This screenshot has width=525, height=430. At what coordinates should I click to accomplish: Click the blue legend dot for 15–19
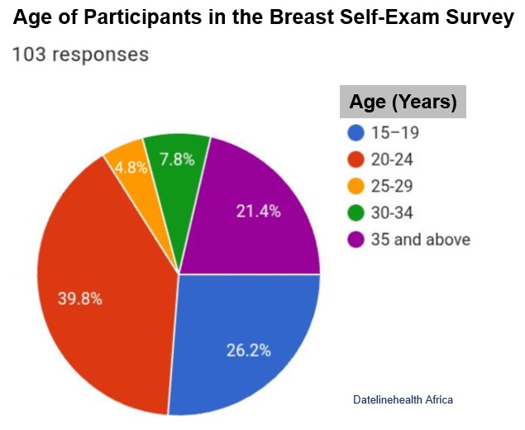(x=356, y=132)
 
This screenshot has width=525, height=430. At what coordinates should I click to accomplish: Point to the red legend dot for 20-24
(x=356, y=160)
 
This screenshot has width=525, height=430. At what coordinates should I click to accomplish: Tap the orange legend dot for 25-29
(x=356, y=186)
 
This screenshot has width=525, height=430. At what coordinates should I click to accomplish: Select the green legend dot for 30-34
(x=356, y=213)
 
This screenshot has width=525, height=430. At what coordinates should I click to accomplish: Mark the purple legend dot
(x=356, y=240)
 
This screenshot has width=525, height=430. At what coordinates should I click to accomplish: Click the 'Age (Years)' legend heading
(x=403, y=103)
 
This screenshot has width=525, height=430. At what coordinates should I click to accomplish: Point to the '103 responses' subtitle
(x=80, y=55)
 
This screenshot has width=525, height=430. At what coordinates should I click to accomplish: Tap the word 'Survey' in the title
(x=481, y=18)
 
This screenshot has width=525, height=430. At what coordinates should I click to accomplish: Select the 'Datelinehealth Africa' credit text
(x=403, y=400)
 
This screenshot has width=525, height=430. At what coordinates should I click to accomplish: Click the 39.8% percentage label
(x=79, y=299)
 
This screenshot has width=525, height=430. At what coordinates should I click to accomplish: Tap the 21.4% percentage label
(x=258, y=211)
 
